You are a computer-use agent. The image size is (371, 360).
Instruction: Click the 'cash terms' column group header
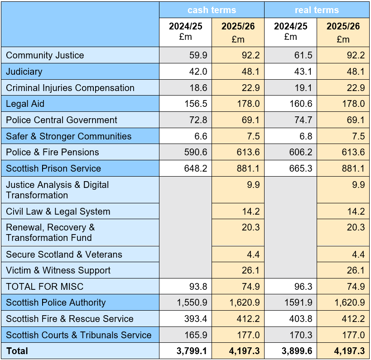pos(212,10)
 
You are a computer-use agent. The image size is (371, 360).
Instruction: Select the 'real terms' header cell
pos(317,10)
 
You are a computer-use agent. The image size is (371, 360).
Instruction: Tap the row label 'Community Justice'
pos(45,55)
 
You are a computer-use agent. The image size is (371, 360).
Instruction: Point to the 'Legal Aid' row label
pos(25,104)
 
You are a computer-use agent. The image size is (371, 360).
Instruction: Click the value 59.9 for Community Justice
pos(198,55)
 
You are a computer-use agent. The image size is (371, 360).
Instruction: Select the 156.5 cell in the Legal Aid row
pos(196,104)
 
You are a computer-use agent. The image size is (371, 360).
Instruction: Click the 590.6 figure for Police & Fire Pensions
pos(196,152)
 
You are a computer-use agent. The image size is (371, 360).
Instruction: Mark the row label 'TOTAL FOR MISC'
pos(45,286)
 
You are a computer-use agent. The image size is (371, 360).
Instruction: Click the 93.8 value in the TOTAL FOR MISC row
pos(198,286)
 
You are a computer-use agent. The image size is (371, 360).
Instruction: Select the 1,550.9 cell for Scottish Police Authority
pos(193,302)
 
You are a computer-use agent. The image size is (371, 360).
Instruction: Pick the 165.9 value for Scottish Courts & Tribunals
pos(196,335)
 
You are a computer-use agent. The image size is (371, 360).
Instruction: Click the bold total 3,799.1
pos(193,351)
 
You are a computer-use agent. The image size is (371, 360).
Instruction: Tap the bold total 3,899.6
pos(298,351)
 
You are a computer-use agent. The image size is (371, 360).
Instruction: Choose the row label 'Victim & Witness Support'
pos(58,270)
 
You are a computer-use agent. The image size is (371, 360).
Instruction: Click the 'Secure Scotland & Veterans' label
pos(64,254)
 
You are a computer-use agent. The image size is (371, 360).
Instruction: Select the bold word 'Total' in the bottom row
pos(17,351)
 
